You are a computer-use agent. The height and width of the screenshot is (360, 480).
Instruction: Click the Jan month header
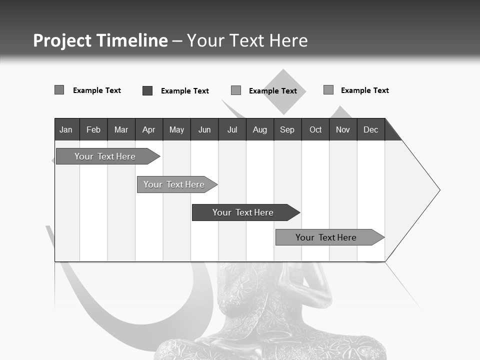pyautogui.click(x=66, y=129)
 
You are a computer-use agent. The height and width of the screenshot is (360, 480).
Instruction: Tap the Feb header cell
pyautogui.click(x=93, y=129)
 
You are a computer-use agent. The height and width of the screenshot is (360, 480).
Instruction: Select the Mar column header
pyautogui.click(x=121, y=129)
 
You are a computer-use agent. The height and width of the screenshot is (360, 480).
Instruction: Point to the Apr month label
pyautogui.click(x=148, y=129)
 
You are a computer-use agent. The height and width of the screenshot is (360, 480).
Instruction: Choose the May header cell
pyautogui.click(x=176, y=129)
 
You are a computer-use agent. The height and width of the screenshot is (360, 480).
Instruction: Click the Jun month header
pyautogui.click(x=204, y=129)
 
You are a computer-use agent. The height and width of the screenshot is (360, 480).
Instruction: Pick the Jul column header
pyautogui.click(x=232, y=129)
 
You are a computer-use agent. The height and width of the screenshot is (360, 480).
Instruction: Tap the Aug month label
pyautogui.click(x=259, y=129)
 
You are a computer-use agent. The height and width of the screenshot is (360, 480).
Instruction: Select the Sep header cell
pyautogui.click(x=287, y=129)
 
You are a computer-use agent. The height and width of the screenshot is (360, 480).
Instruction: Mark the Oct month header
pyautogui.click(x=315, y=129)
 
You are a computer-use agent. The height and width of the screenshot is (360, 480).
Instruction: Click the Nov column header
pyautogui.click(x=343, y=129)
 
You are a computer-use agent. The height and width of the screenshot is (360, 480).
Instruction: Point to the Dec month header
pyautogui.click(x=371, y=129)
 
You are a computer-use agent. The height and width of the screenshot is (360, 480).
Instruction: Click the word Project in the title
pyautogui.click(x=62, y=40)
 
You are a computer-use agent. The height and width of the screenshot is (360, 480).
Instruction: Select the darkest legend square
pyautogui.click(x=147, y=90)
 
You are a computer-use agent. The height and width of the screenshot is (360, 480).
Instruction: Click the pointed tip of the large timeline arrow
pyautogui.click(x=438, y=190)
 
